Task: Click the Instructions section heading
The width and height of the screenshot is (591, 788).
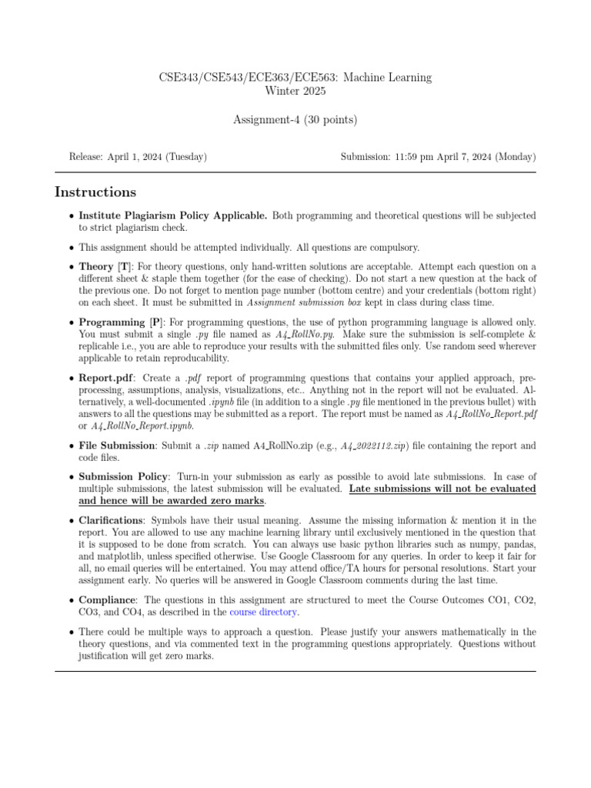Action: point(95,192)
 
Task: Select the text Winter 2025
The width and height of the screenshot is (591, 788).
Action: point(295,91)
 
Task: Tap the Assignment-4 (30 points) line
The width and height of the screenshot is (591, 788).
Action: point(295,119)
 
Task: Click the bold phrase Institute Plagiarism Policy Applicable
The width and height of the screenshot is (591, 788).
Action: point(173,216)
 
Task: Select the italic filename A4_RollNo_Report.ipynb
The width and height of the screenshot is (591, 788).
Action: point(142,425)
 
